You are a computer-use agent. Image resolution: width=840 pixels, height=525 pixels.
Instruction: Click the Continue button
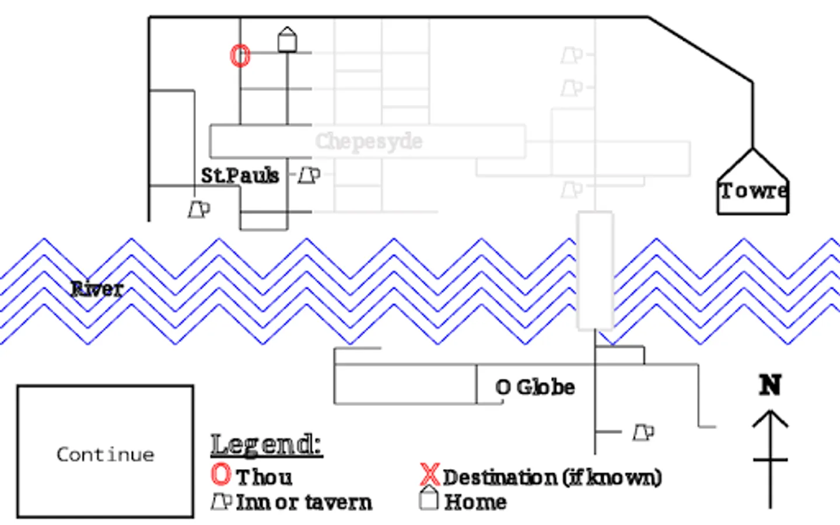(x=105, y=452)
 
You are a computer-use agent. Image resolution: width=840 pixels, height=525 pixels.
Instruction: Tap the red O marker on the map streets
(x=240, y=56)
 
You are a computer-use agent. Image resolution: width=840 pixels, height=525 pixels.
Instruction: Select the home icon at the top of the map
(x=287, y=40)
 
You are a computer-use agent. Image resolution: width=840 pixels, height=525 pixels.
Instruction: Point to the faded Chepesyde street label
(x=369, y=141)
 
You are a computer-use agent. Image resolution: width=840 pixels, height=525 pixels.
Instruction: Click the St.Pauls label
(x=240, y=175)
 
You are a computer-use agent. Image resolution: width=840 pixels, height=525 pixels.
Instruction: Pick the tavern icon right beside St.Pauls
(x=309, y=175)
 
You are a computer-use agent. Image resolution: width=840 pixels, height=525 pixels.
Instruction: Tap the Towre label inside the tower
(x=752, y=191)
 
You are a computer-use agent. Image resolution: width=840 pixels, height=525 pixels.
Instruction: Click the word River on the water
(x=97, y=288)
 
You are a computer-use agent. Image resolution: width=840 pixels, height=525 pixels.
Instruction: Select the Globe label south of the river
(x=545, y=387)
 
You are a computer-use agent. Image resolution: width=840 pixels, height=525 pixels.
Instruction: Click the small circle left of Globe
(x=502, y=387)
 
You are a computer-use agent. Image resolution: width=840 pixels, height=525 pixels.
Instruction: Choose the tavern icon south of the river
(x=643, y=432)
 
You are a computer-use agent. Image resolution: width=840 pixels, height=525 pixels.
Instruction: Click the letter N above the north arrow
(x=770, y=385)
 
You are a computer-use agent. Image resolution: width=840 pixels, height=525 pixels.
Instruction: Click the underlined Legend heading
(x=266, y=444)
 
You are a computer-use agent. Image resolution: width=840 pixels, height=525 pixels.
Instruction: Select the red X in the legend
(x=430, y=475)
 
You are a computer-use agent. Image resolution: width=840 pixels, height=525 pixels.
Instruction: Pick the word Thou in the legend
(x=264, y=477)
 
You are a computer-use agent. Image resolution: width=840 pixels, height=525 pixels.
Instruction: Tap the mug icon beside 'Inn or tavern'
(x=221, y=501)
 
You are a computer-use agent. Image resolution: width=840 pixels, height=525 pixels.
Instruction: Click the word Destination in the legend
(x=499, y=477)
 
